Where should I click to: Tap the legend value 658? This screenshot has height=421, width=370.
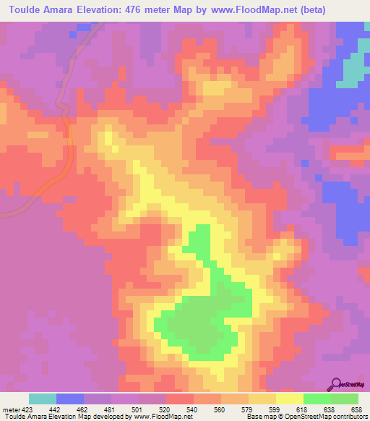pyautogui.click(x=358, y=409)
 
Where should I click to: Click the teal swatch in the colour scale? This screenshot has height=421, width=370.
pyautogui.click(x=43, y=399)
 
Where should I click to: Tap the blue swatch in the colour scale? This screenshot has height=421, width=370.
pyautogui.click(x=70, y=399)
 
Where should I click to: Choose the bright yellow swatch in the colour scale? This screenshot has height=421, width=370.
pyautogui.click(x=290, y=399)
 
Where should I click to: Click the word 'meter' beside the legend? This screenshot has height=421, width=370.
pyautogui.click(x=10, y=409)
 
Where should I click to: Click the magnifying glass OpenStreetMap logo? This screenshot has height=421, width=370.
pyautogui.click(x=337, y=383)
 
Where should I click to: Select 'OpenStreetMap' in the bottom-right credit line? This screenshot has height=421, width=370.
pyautogui.click(x=304, y=417)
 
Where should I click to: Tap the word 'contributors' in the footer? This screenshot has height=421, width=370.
pyautogui.click(x=346, y=417)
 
